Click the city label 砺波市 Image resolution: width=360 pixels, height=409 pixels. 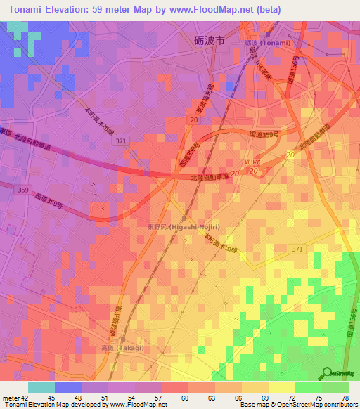pyautogui.click(x=209, y=41)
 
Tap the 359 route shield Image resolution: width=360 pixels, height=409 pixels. pyautogui.click(x=24, y=190)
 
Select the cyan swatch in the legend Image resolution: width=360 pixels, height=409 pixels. pyautogui.click(x=41, y=387)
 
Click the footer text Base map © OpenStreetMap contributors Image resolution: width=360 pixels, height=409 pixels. pyautogui.click(x=297, y=405)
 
